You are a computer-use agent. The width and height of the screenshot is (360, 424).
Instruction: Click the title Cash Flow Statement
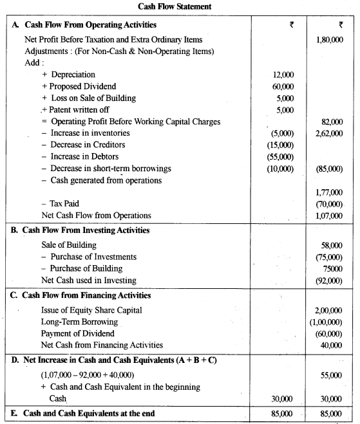coord(180,6)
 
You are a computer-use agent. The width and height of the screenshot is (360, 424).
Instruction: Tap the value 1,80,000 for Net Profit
coord(329,40)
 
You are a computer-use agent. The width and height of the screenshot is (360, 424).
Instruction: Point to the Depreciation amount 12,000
coord(283,75)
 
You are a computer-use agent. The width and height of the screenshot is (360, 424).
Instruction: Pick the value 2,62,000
coord(329,133)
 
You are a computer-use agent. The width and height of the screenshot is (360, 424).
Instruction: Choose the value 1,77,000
coord(329,192)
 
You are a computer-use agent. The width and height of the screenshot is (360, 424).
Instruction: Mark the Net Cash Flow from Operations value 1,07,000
coord(329,216)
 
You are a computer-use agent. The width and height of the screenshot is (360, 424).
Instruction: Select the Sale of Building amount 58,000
coord(332,245)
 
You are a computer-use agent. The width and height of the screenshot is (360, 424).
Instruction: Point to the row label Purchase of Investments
coord(93,257)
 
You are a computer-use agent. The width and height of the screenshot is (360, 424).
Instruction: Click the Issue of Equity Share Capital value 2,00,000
coord(329,310)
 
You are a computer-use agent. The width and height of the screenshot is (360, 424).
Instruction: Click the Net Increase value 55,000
coord(332,373)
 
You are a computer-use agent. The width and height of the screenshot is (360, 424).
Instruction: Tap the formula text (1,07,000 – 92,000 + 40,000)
coord(97,373)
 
